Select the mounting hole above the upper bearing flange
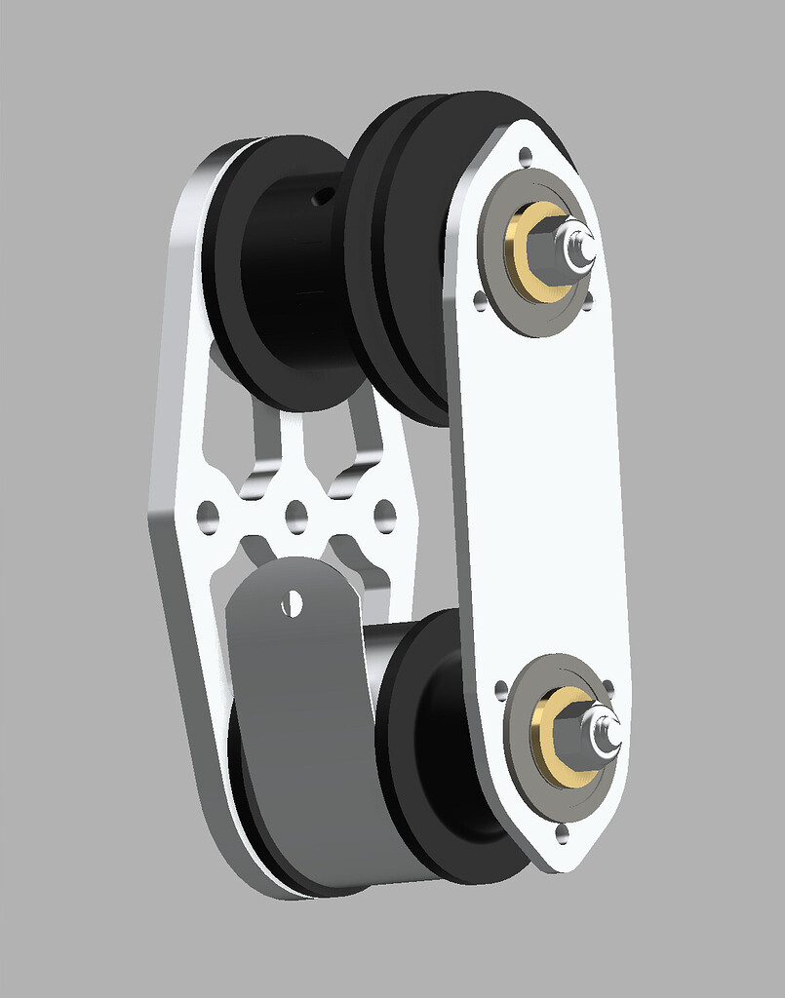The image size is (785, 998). pyautogui.click(x=526, y=155)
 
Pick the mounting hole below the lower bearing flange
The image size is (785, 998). pyautogui.click(x=562, y=831)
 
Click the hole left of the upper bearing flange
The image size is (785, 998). pyautogui.click(x=479, y=300)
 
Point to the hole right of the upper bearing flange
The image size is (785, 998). pyautogui.click(x=587, y=302)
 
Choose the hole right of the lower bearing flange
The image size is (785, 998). pyautogui.click(x=608, y=686)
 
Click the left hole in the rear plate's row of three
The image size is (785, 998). pyautogui.click(x=207, y=513)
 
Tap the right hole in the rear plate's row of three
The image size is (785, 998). pyautogui.click(x=384, y=513)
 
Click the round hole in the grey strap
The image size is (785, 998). pyautogui.click(x=291, y=603)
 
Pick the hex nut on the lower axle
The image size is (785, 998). pyautogui.click(x=587, y=739)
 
